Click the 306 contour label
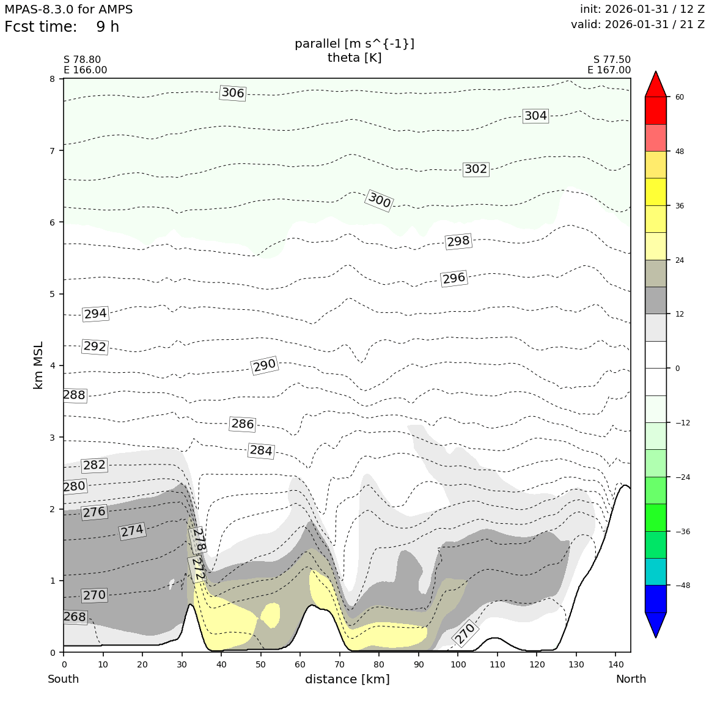(x=232, y=93)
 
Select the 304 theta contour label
(x=535, y=116)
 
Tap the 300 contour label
(x=379, y=200)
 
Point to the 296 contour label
(x=454, y=279)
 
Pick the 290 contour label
(x=265, y=366)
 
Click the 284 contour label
(x=261, y=451)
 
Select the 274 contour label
(x=132, y=531)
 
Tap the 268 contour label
(x=75, y=617)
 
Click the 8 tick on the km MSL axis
(x=53, y=79)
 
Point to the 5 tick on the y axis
(x=53, y=294)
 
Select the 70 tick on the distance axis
(x=339, y=664)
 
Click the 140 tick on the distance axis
(x=615, y=664)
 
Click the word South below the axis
(x=63, y=679)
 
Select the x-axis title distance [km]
(x=347, y=679)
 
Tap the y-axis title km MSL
(x=39, y=365)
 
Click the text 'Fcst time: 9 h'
(x=62, y=28)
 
